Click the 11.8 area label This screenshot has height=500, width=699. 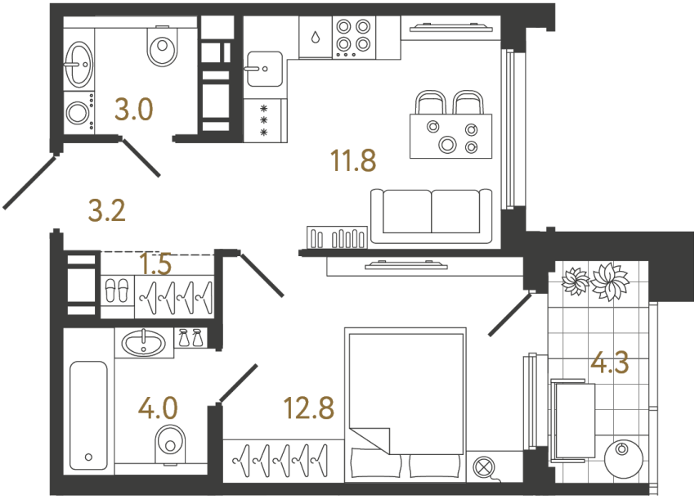[x=353, y=161]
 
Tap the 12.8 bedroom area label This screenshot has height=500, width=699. [x=309, y=407]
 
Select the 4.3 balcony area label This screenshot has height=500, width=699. [x=610, y=363]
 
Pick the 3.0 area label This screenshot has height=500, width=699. [x=134, y=109]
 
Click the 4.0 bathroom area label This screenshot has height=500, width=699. [x=158, y=407]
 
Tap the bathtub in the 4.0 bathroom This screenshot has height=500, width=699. [x=87, y=416]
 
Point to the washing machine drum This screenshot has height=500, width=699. [x=78, y=113]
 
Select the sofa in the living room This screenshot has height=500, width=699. [x=431, y=215]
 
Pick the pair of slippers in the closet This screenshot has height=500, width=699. [x=117, y=291]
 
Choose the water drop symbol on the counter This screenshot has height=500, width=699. [x=316, y=37]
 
